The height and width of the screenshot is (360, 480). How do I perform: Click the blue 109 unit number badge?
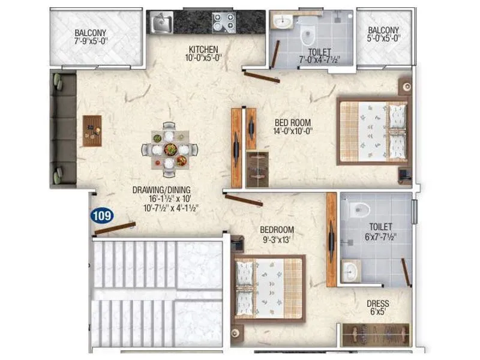pyautogui.click(x=102, y=215)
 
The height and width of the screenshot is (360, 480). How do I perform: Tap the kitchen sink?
pyautogui.click(x=161, y=23)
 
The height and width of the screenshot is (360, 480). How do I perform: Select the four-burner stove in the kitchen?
pyautogui.click(x=223, y=23)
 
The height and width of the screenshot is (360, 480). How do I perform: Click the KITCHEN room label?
pyautogui.click(x=203, y=49)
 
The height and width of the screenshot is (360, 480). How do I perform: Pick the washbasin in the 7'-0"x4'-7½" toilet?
pyautogui.click(x=281, y=22)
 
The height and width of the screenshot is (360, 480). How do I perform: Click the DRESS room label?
pyautogui.click(x=378, y=304)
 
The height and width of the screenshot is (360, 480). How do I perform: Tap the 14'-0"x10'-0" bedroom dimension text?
pyautogui.click(x=292, y=131)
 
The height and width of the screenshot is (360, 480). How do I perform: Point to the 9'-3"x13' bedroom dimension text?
pyautogui.click(x=277, y=239)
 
